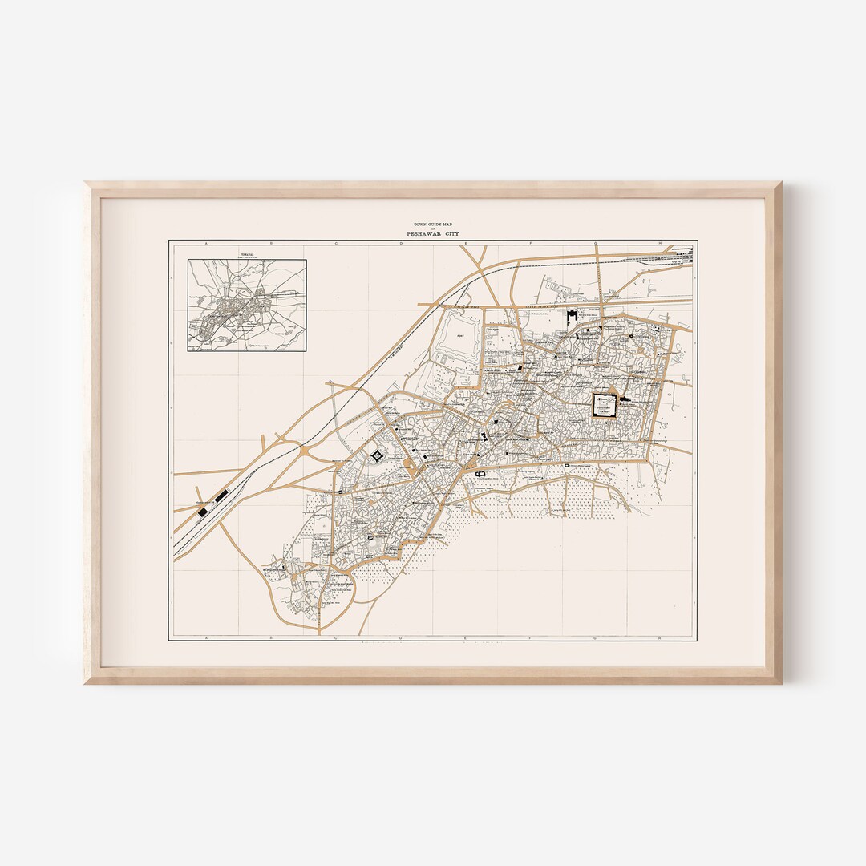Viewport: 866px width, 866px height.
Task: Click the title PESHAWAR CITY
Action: coord(432,233)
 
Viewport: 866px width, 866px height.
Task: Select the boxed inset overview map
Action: coord(247,305)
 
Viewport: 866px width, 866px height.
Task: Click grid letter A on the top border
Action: coord(205,242)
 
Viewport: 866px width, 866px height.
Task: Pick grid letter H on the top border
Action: coord(660,242)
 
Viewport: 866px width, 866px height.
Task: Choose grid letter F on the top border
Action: coord(530,242)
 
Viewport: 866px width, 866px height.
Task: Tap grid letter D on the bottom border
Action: coord(400,638)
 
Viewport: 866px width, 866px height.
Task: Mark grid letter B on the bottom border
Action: coord(270,638)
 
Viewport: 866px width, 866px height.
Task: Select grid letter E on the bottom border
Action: coord(465,638)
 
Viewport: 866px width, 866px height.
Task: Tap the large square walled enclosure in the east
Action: coord(605,405)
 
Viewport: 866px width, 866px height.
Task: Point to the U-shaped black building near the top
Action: coord(573,316)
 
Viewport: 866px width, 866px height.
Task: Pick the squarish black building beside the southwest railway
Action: coord(204,510)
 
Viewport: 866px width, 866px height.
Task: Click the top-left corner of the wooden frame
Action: coord(86,184)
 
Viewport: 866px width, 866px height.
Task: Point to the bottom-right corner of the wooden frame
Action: coord(779,682)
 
